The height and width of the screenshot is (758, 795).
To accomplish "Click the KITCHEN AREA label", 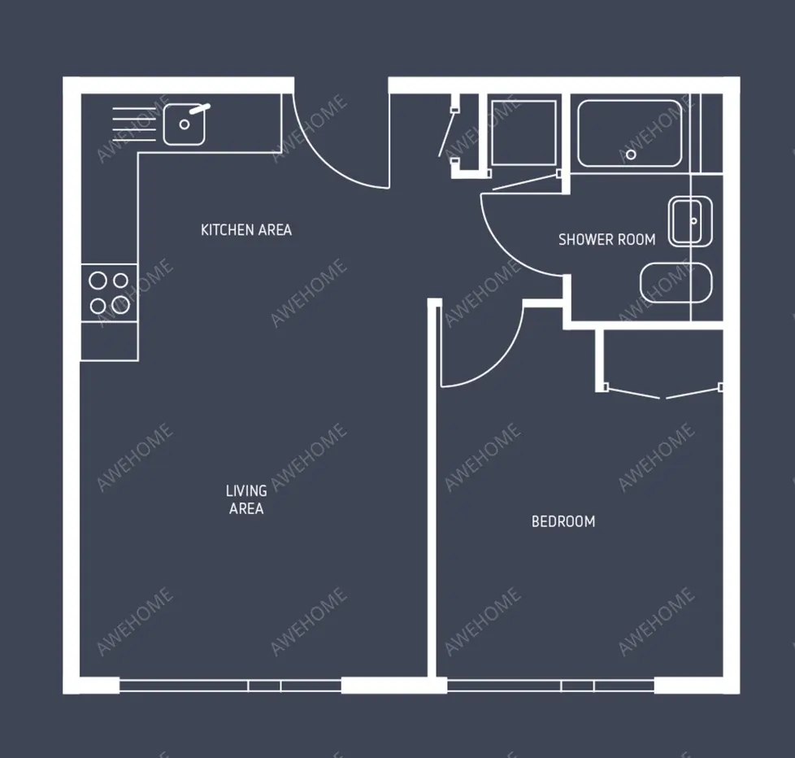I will click(x=245, y=230).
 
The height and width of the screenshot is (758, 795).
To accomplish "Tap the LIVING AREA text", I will click(x=245, y=499).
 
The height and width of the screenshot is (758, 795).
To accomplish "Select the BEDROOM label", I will click(x=563, y=521).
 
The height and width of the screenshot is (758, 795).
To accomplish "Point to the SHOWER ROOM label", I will click(x=606, y=240).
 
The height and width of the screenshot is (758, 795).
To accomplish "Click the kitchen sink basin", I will click(x=185, y=124).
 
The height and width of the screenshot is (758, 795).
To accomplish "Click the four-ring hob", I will click(x=109, y=293).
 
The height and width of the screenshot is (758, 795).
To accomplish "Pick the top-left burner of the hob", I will click(x=98, y=281).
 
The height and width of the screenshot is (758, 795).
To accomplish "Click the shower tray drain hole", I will click(x=631, y=155).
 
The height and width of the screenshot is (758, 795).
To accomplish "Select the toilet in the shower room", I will click(x=675, y=282).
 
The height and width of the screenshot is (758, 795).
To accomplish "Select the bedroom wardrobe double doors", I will click(x=662, y=393).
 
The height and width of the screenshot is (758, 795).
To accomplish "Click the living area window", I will click(x=230, y=686).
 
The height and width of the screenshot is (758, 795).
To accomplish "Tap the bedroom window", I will click(x=550, y=686).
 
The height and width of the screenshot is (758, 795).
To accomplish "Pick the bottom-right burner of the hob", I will click(x=120, y=305).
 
